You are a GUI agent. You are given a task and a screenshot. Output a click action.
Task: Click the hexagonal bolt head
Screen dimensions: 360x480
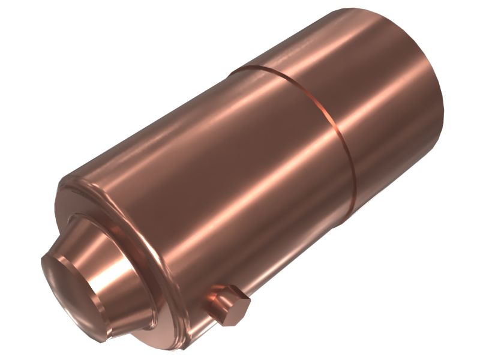pos(231,306)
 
